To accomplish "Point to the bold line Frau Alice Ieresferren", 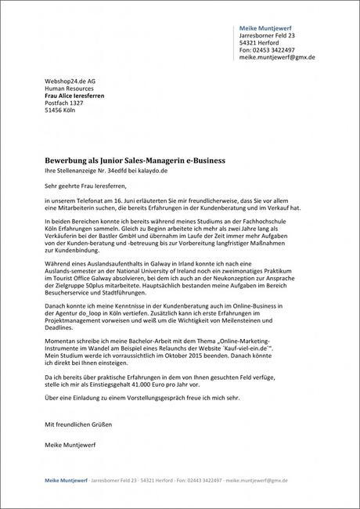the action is pos(74,96).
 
